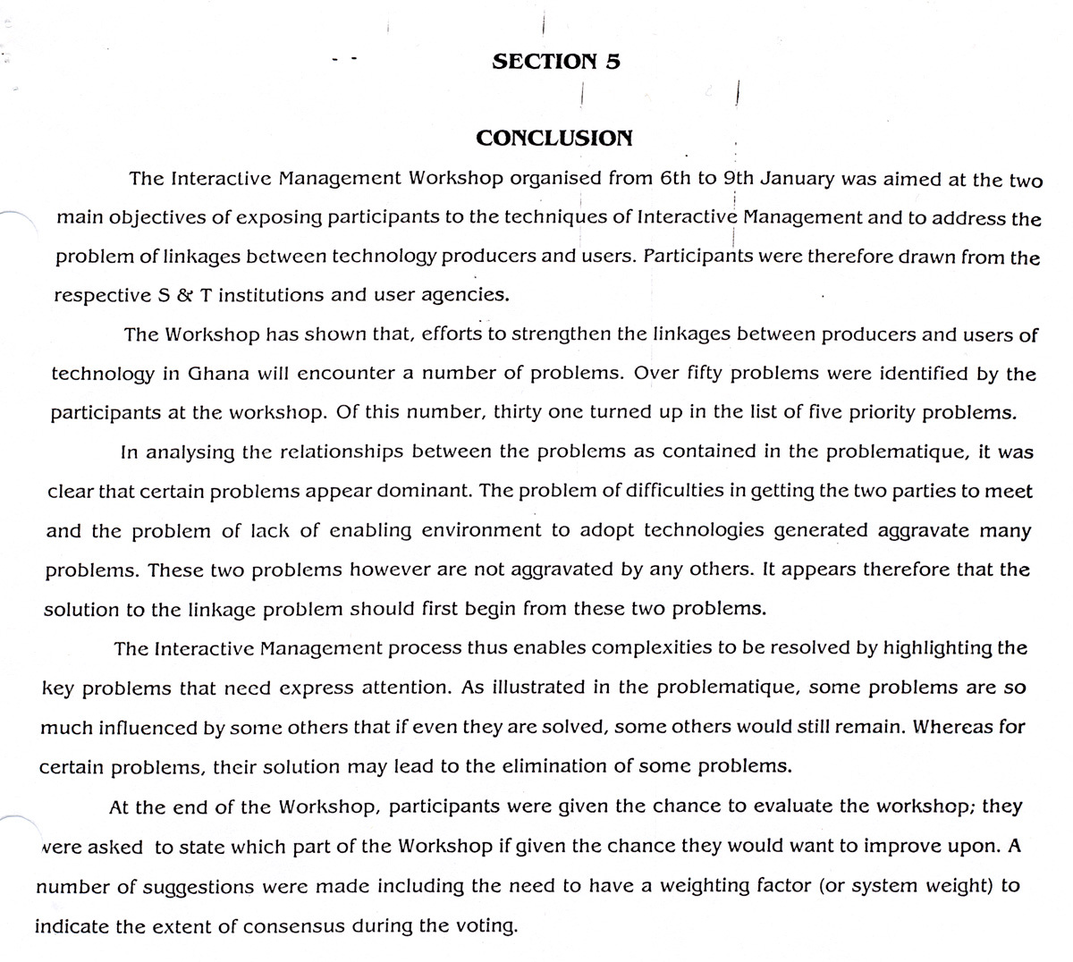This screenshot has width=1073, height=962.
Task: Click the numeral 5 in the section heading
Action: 613,62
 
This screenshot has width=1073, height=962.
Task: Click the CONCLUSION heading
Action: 554,138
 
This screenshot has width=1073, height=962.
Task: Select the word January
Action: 778,179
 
